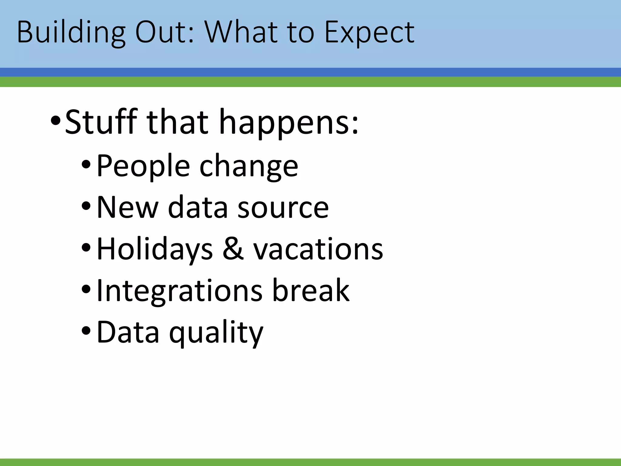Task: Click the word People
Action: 143,166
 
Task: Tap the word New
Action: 127,208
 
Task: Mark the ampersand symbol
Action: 233,249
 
